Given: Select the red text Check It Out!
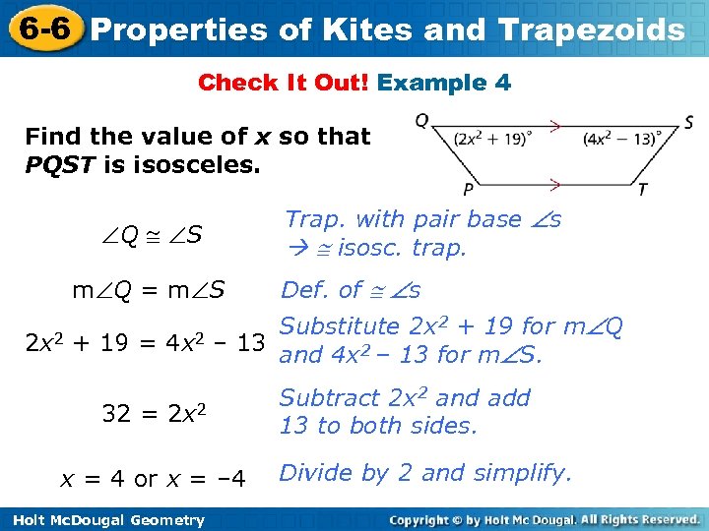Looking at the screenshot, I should point(284,83).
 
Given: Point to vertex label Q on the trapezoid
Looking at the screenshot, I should point(421,121).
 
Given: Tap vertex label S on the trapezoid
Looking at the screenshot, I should point(688,123).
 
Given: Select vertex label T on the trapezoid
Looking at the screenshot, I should point(642,189).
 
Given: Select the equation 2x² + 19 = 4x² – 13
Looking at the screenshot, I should point(145,343).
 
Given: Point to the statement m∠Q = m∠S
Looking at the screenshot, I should point(149,290).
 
